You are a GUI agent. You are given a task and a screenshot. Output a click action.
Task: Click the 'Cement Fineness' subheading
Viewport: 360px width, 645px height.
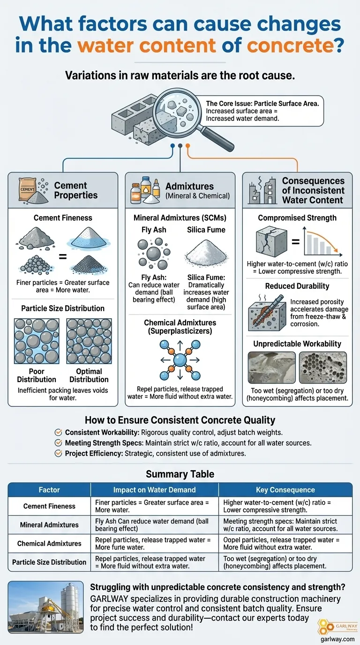(x=63, y=217)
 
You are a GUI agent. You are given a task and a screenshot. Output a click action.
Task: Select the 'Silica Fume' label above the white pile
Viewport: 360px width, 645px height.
(x=206, y=230)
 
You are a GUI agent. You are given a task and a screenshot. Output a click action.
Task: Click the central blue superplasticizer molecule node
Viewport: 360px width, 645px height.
(x=180, y=360)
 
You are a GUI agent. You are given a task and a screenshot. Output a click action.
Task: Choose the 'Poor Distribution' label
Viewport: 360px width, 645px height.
(x=37, y=375)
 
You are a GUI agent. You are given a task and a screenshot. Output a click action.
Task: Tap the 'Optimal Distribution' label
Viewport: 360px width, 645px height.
(x=89, y=375)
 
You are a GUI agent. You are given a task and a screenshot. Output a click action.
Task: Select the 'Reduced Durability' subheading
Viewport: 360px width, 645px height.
(x=297, y=286)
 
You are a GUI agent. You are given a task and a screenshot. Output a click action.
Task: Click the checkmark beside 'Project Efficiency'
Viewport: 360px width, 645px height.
(x=59, y=453)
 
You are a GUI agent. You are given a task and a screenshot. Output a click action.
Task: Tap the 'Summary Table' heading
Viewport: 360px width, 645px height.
(x=180, y=474)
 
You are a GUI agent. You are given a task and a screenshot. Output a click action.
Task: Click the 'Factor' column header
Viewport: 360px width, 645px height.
(x=49, y=490)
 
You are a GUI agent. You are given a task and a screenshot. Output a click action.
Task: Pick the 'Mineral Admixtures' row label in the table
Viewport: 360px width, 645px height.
(x=49, y=525)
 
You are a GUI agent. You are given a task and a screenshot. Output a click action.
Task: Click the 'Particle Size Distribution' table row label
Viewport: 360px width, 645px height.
(x=49, y=562)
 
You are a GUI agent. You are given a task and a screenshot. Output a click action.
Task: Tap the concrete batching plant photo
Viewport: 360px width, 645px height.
(x=46, y=607)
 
